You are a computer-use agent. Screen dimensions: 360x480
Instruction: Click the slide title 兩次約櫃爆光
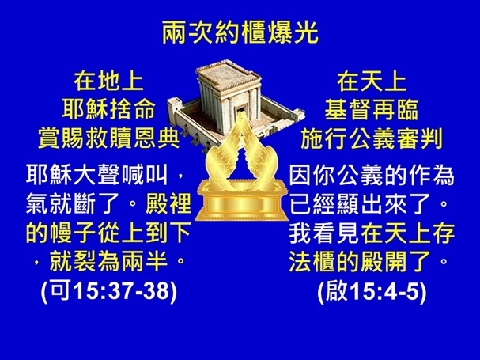pos(240,32)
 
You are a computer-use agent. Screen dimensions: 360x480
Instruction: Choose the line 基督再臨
pos(371,109)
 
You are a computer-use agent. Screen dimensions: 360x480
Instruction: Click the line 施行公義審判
pos(371,138)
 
